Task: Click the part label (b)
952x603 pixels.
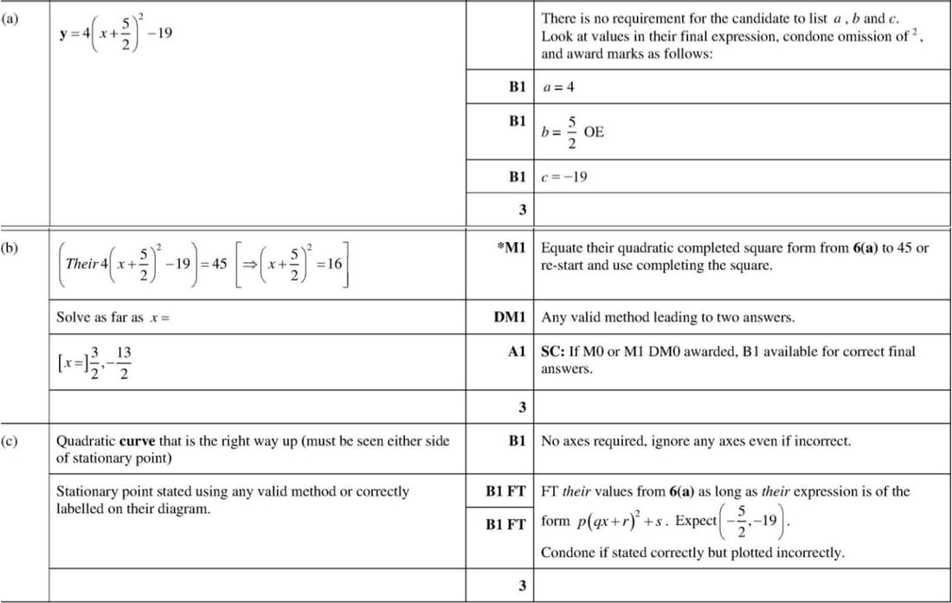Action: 11,247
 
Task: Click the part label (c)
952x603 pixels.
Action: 11,440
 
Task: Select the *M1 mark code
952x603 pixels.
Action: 511,248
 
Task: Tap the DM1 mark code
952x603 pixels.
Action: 509,318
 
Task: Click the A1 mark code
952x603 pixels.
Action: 518,352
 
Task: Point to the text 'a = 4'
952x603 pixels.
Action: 558,87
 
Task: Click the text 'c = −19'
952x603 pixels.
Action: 563,177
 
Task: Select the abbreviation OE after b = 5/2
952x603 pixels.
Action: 595,132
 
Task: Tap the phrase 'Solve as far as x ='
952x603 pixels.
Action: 112,318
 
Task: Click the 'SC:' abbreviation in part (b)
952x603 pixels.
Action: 553,352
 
